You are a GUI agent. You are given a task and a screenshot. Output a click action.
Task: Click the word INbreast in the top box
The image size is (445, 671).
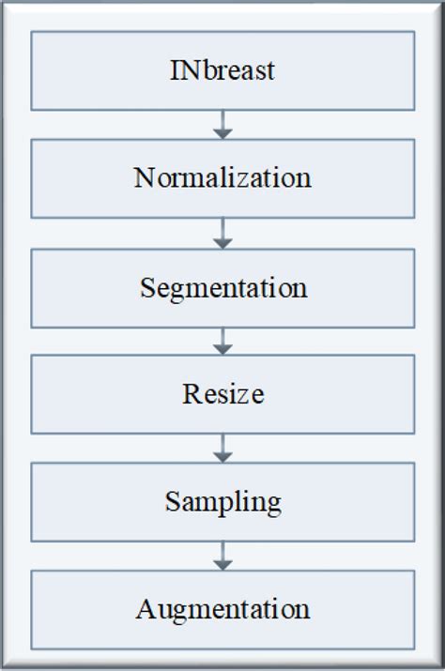point(222,69)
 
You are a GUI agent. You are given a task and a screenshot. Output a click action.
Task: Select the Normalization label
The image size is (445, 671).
point(222,177)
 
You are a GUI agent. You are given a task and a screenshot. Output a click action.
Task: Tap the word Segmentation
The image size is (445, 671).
point(222,286)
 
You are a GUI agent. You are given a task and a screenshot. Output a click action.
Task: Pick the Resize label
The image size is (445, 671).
point(222,393)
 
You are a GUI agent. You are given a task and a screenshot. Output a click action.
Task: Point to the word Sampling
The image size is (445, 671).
point(222,502)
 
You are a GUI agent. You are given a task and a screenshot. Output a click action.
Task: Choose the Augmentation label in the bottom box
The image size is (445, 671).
point(222,609)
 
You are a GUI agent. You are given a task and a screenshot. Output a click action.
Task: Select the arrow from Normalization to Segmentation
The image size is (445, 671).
point(222,232)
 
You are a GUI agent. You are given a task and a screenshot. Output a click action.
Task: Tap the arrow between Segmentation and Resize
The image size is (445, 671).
point(222,340)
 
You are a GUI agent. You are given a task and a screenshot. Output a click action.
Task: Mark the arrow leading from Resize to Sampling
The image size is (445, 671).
point(222,448)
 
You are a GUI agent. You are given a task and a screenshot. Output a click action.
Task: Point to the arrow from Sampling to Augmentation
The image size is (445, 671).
point(222,556)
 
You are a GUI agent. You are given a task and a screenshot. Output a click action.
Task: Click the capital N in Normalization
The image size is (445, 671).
point(144,177)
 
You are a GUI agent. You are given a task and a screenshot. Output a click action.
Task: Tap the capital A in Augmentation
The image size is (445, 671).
point(145,609)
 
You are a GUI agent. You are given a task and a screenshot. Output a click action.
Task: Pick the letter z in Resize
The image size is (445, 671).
point(242,395)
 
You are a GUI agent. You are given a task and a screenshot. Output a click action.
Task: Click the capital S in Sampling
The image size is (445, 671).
point(172,501)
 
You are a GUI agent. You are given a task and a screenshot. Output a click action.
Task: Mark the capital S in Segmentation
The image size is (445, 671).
point(147,286)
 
